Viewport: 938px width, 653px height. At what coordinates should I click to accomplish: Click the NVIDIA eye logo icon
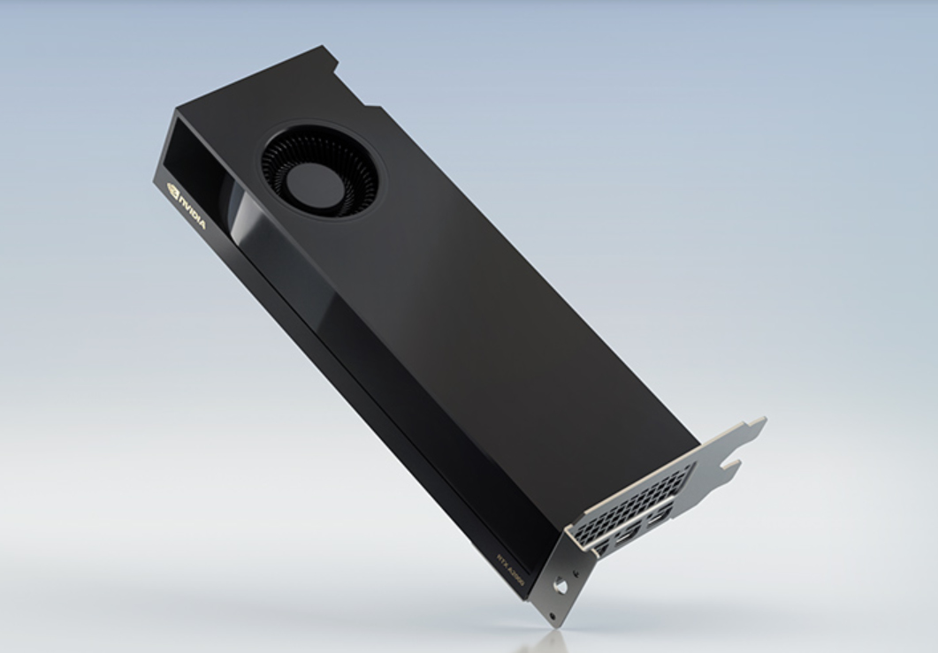point(172,189)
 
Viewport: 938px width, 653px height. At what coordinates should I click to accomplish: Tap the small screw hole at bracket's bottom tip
point(553,615)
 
